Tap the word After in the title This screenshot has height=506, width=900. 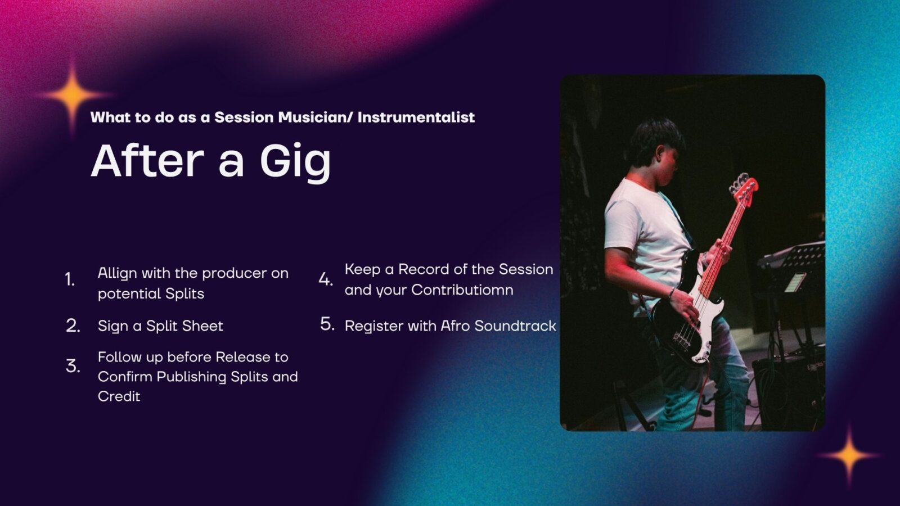coord(147,160)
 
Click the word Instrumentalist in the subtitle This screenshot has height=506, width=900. coord(416,118)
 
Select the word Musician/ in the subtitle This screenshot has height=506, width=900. coord(316,118)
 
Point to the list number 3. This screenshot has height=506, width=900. coord(73,366)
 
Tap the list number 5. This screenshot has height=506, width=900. coord(327,324)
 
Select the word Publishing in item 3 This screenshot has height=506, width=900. coord(191,377)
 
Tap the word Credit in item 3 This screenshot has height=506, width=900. coord(119,396)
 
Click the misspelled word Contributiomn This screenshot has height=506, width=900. coord(462,290)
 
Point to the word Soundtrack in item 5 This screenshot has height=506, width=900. coord(515,326)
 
